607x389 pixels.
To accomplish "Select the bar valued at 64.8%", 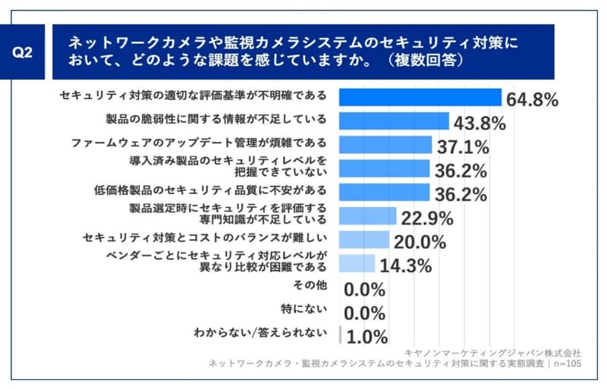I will click(420, 97).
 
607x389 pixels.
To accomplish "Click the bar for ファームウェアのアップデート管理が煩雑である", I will click(385, 144).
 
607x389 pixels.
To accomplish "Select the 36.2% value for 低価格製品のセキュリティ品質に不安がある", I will click(460, 194).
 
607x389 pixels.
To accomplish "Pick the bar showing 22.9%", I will click(367, 217).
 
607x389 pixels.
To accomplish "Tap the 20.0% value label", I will click(419, 242).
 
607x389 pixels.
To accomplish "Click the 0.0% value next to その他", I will click(365, 289).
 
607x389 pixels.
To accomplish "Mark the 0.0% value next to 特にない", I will click(365, 312).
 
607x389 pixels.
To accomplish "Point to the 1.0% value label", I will click(366, 336).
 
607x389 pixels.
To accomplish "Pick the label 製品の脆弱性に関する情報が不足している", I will click(215, 120).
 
